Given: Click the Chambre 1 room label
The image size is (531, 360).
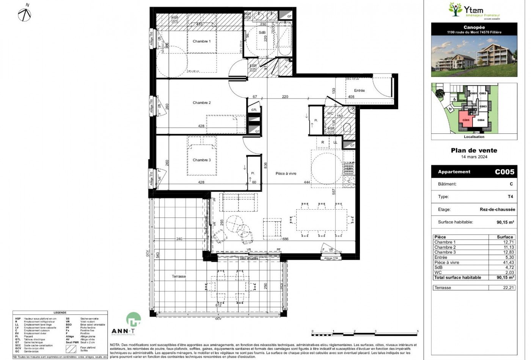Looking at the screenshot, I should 201,41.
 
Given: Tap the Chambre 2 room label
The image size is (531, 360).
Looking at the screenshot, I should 201,103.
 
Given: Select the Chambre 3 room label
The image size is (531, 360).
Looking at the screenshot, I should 201,160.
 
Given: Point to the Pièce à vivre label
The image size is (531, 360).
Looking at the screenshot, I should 286,174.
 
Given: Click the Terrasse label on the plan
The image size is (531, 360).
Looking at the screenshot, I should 179,276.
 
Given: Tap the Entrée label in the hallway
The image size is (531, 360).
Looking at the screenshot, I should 359,91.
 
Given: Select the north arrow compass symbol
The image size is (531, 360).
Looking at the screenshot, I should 25,14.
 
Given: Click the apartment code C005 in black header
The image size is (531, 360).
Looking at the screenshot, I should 504,172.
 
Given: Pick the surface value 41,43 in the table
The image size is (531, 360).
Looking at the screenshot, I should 509,262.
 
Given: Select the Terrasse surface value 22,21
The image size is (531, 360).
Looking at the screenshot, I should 509,288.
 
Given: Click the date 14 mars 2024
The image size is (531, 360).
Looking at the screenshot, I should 474,157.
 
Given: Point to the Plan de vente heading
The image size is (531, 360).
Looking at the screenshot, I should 474,150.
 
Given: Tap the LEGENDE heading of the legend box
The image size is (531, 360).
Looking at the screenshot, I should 60,313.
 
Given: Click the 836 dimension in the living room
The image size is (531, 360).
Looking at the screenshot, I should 266,165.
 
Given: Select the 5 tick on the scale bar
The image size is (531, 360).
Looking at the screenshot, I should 418,331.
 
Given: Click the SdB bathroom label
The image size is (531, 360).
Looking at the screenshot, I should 262,33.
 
